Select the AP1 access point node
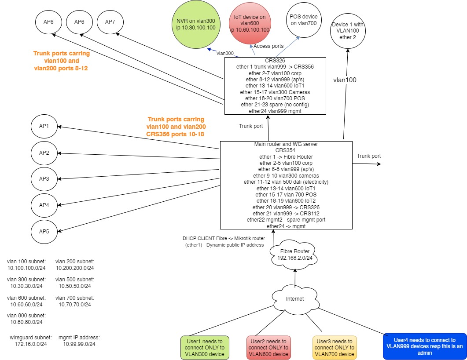44,126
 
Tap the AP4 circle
44,205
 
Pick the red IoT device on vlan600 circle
249,23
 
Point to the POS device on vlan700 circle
303,19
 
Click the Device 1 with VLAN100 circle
348,31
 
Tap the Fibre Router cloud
294,255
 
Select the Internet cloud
295,299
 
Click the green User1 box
205,348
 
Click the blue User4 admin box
425,346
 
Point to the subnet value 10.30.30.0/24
26,286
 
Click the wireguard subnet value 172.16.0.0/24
29,344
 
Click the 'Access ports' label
268,46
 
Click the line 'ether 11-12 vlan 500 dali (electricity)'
286,182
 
